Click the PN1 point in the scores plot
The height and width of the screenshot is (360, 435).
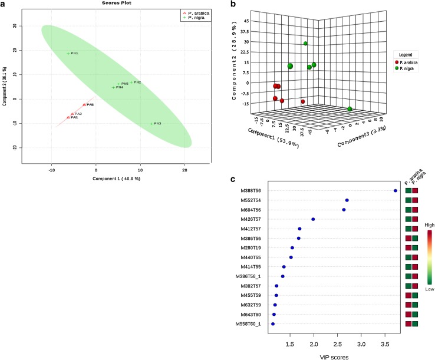[x=68, y=54]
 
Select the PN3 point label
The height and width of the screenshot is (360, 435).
[x=157, y=124]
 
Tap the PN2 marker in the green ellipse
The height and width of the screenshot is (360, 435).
[x=131, y=82]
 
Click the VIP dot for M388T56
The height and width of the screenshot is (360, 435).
[x=395, y=191]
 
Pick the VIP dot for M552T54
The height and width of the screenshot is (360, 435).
[x=347, y=200]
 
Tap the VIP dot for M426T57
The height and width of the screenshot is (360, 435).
[x=313, y=219]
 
